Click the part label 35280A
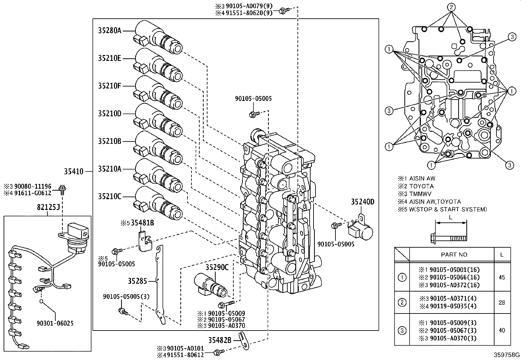coord(110,31)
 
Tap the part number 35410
coord(74,171)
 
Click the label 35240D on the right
coord(363,202)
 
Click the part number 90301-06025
coord(55,323)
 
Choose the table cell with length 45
coord(502,277)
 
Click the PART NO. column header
coord(455,255)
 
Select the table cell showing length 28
coord(502,303)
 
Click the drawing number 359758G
coord(507,355)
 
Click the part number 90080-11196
coord(32,187)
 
